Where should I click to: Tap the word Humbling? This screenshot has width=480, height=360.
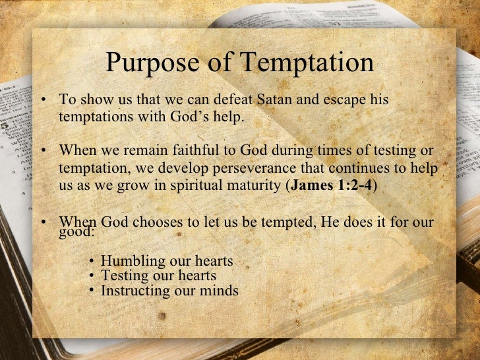coord(131,262)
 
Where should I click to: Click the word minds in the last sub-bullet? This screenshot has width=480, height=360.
coord(218,290)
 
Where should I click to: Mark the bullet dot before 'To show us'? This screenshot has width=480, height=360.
coord(42,101)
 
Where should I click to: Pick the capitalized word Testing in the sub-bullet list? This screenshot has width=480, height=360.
coord(123,276)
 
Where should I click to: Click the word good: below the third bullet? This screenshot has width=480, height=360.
coord(76,232)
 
